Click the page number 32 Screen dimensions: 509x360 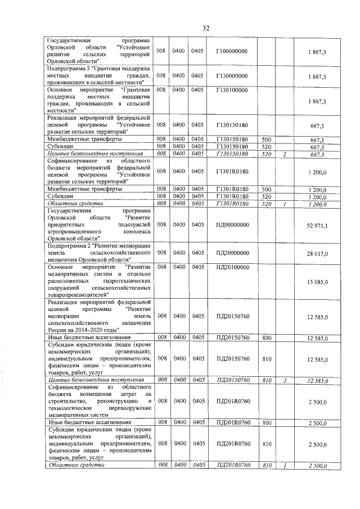(x=206, y=29)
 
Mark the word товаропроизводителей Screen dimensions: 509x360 (x=76, y=294)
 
